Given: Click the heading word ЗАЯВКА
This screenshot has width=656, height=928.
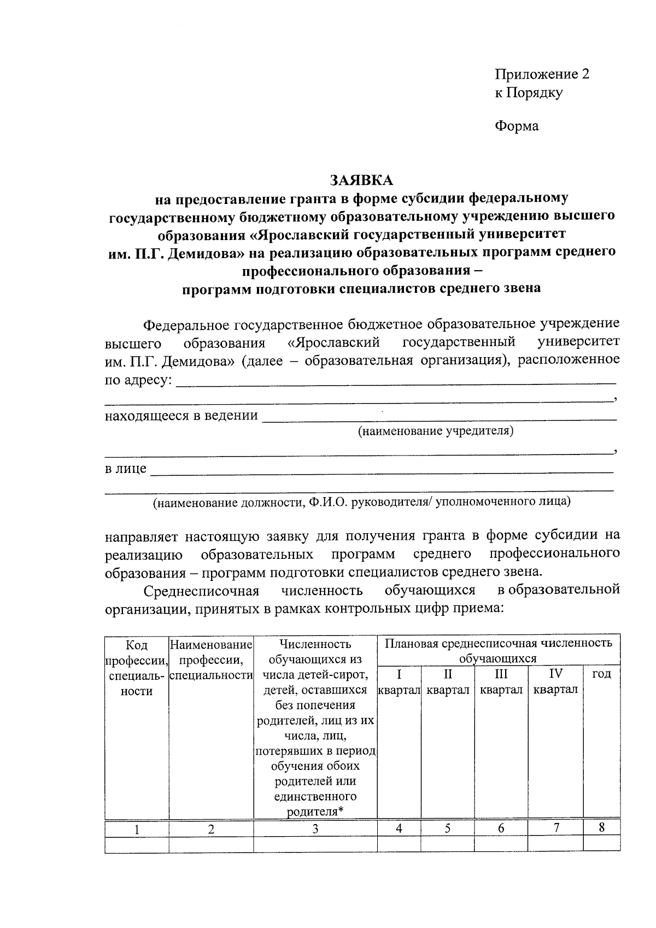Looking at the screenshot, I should click(x=361, y=179).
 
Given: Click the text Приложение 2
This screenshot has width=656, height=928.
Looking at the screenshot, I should click(x=542, y=74).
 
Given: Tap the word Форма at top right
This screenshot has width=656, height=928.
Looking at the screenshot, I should click(x=517, y=126).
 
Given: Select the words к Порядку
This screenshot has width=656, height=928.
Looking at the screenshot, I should click(x=528, y=92).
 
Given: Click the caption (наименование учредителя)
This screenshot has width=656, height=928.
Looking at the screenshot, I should click(x=435, y=431).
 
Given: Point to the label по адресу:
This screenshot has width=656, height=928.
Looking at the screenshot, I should click(x=138, y=379).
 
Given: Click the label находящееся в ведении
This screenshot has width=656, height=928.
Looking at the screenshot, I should click(x=181, y=416).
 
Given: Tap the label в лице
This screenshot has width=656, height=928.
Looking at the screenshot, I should click(x=126, y=469).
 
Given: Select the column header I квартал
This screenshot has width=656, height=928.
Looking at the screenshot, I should click(x=399, y=682).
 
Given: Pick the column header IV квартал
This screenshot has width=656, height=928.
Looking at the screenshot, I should click(x=555, y=682).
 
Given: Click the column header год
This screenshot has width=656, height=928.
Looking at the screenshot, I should click(x=601, y=674).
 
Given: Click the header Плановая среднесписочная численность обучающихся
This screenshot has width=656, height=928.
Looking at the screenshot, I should click(x=498, y=650).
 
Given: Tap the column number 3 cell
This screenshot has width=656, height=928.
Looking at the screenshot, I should click(x=315, y=828).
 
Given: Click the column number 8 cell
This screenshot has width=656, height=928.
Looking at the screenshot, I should click(x=601, y=827).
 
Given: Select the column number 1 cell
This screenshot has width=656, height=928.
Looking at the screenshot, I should click(x=137, y=829).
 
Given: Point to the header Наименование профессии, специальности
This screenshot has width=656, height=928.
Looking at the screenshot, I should click(x=211, y=659).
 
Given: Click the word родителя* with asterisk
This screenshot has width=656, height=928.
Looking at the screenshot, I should click(x=315, y=812).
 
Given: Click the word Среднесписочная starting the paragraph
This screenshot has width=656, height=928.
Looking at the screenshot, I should click(x=201, y=591).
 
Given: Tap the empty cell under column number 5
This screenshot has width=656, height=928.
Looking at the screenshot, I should click(x=447, y=844).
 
